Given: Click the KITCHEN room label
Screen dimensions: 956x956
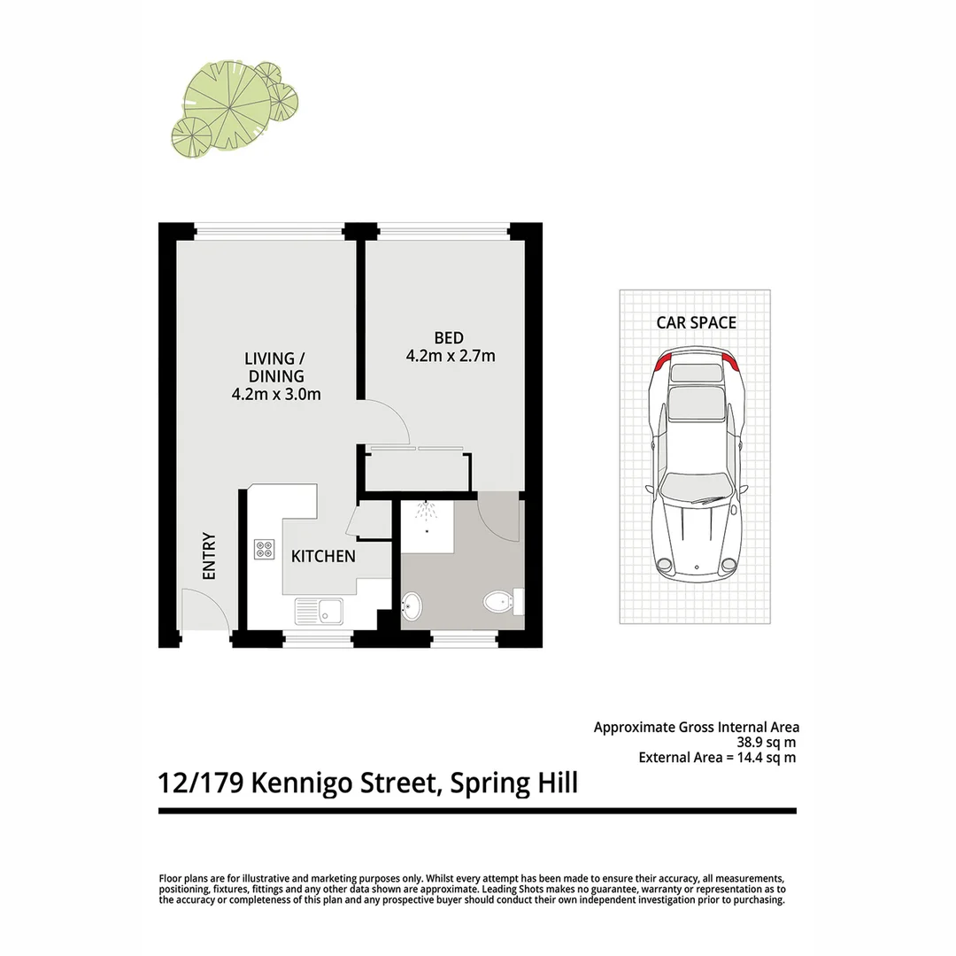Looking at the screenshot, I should [324, 556].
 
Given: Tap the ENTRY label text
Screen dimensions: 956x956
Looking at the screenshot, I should [210, 556].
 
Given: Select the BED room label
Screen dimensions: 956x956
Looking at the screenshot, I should [449, 337].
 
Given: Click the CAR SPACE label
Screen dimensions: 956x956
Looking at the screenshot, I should [696, 322].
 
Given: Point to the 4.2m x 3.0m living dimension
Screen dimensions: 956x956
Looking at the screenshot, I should [275, 395].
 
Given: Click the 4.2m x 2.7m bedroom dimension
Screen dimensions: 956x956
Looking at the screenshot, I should [450, 357].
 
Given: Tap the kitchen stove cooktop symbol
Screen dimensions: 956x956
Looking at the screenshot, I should [265, 550].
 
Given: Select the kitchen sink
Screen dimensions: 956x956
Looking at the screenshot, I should [320, 610].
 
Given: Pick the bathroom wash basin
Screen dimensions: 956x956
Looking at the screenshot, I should [412, 607].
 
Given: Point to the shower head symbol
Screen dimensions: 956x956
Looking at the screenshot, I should [428, 513].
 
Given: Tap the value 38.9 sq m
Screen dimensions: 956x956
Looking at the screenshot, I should [767, 743].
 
